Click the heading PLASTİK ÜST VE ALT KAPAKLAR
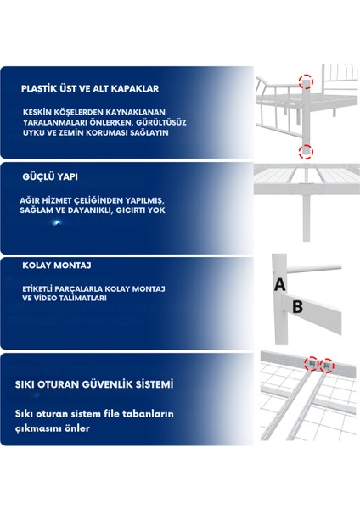pos(90,88)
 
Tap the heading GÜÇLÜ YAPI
pos(50,177)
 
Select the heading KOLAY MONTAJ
pos(57,266)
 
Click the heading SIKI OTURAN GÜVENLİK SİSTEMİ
pos(94,384)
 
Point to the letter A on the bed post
pos(279,284)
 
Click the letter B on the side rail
pos(298,307)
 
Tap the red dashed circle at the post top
pos(306,81)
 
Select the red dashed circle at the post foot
pos(306,152)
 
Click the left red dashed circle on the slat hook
pos(312,364)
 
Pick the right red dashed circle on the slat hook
pos(327,366)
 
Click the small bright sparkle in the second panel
pos(57,222)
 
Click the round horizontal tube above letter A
pos(314,269)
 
